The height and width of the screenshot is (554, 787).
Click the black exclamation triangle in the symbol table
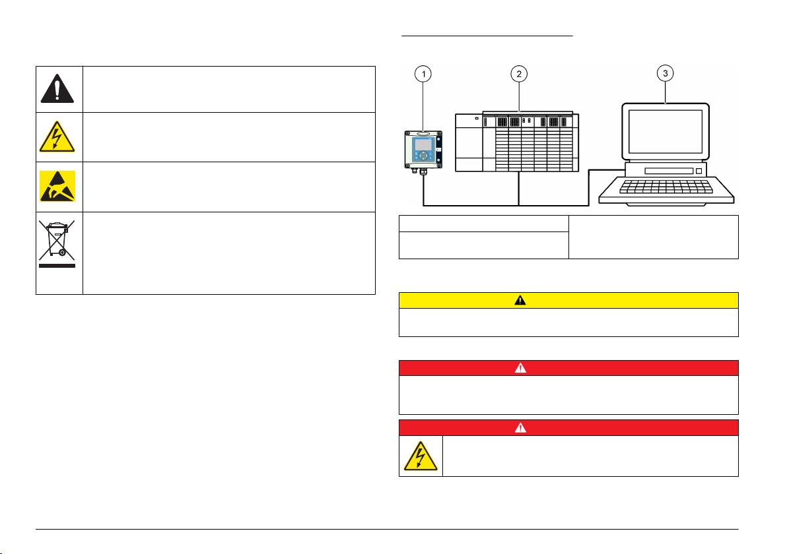click(x=57, y=89)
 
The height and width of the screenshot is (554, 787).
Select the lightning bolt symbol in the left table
click(x=57, y=137)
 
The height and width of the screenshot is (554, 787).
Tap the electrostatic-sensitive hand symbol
click(x=57, y=186)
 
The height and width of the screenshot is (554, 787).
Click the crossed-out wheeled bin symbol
click(x=57, y=240)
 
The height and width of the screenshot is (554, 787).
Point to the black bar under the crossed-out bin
click(x=57, y=266)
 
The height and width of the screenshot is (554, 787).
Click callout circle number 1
click(x=424, y=75)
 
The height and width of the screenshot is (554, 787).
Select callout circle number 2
click(x=519, y=75)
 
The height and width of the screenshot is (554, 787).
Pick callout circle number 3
click(x=666, y=73)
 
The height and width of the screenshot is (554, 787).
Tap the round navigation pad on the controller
click(x=424, y=156)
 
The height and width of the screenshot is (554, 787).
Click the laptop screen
click(x=666, y=132)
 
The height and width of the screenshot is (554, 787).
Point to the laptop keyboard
click(x=666, y=187)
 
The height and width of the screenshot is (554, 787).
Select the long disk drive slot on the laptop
click(x=669, y=171)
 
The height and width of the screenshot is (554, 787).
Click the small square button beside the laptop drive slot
click(x=699, y=171)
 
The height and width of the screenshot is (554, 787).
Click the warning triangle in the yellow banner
click(x=520, y=300)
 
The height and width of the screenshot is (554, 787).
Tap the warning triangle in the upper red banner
click(x=520, y=368)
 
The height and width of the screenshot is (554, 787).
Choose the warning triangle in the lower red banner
click(x=520, y=427)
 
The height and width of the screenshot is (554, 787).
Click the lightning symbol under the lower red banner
click(x=421, y=456)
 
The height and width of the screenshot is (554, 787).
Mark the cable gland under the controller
click(x=423, y=171)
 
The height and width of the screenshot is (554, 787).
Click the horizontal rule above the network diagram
click(x=487, y=36)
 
